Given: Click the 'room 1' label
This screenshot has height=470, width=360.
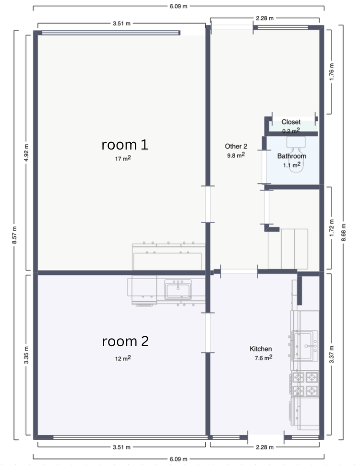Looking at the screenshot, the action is coord(125,145).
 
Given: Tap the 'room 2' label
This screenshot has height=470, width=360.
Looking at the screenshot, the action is coord(125,341).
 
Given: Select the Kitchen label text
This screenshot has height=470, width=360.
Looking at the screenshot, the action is coord(261,349).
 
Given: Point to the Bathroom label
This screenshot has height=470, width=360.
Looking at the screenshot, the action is coord(292,156).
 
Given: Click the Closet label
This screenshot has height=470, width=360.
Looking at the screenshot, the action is coord(291,122).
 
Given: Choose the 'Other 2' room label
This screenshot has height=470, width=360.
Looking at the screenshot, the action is coord(236,146).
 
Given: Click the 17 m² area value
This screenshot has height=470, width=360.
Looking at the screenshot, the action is coord(123,158).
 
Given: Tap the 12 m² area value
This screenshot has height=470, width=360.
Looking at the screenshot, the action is coord(123,358).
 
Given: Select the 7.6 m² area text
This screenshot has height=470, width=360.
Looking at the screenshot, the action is coord(264,358).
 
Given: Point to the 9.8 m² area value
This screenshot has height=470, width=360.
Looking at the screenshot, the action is coord(236,155).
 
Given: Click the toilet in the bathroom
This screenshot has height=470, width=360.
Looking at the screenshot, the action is coord(296,154).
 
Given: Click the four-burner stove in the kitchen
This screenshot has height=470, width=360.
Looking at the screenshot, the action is coord(304,384).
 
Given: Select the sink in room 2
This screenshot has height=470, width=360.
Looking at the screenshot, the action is coord(178,290).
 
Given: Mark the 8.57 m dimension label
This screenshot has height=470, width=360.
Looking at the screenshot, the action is coord(14,235).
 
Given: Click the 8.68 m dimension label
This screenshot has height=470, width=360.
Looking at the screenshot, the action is coord(344,233).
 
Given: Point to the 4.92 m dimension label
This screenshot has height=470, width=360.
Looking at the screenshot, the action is coord(26,153).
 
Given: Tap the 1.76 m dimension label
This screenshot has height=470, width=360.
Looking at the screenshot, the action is coord(332,71).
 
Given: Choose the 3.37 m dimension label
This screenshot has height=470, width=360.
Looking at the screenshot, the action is coord(332,354).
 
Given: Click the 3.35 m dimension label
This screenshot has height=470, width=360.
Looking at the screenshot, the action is coord(26,355).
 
